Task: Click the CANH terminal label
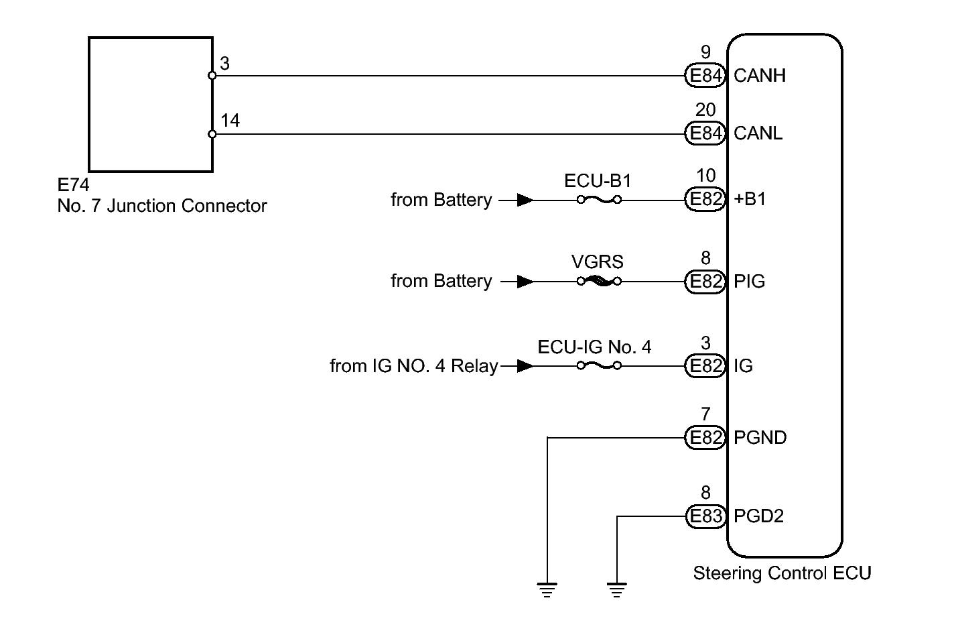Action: tap(759, 75)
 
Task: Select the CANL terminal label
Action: tap(758, 133)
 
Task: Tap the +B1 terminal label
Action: tap(750, 199)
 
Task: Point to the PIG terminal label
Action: tap(749, 281)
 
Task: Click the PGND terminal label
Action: tap(760, 438)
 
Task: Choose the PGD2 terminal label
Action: tap(758, 516)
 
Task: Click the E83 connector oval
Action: tap(705, 516)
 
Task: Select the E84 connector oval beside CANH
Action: tap(705, 75)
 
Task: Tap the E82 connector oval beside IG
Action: tap(705, 365)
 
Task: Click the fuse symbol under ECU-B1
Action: tap(599, 199)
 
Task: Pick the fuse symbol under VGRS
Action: tap(599, 281)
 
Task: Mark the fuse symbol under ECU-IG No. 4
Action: tap(599, 365)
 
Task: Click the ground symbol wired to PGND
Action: tap(547, 590)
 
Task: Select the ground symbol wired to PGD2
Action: tap(617, 590)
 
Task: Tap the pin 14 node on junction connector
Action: tap(212, 134)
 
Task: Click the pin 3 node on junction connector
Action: tap(212, 76)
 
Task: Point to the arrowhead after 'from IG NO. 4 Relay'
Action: tap(525, 365)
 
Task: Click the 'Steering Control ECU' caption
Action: tap(782, 573)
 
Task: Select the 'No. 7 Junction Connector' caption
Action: tap(162, 206)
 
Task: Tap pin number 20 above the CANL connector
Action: tap(705, 110)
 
